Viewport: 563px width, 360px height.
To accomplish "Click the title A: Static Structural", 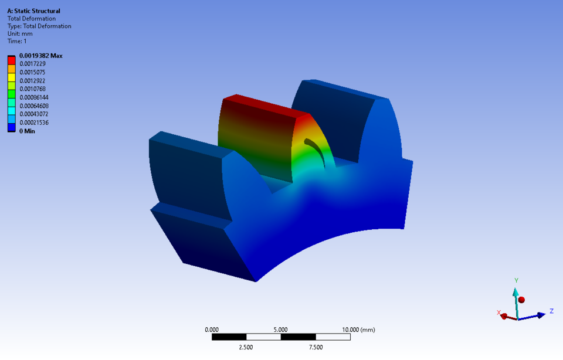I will point(33,11).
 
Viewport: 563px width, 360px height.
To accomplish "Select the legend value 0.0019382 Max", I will point(41,56).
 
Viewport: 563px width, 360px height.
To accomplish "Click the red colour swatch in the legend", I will point(11,63).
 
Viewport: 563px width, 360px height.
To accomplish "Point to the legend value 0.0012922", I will point(33,80).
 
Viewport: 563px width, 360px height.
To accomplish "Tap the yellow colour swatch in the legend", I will point(11,80).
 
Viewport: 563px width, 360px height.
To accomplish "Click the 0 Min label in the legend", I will point(27,131).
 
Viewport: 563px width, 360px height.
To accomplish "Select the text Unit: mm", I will point(20,34).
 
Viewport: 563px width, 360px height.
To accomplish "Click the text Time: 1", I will point(17,42).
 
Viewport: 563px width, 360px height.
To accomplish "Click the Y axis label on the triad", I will point(516,280).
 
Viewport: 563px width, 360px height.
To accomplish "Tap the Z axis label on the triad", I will point(552,311).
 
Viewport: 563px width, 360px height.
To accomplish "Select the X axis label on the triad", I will point(498,313).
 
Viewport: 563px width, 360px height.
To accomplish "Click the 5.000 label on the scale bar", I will point(281,330).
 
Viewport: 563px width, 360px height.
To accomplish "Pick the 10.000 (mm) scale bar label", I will point(358,330).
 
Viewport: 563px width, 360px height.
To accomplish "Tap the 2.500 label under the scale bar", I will point(246,347).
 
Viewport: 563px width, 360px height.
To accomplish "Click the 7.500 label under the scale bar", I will point(316,347).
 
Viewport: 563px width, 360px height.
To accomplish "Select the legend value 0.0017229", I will point(33,63).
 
